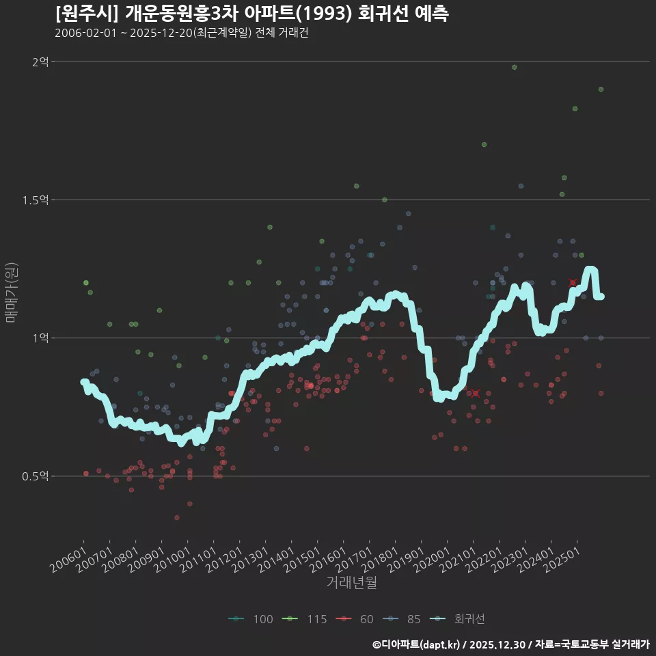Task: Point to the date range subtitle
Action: [x=181, y=33]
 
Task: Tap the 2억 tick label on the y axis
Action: [x=40, y=62]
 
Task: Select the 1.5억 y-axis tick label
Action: [x=36, y=200]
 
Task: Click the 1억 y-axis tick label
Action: [x=40, y=338]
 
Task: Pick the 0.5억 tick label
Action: [x=36, y=476]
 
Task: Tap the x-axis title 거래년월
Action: [x=351, y=583]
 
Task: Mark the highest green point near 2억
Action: [x=514, y=67]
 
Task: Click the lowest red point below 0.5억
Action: [x=177, y=518]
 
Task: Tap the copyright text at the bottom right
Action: [x=510, y=644]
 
